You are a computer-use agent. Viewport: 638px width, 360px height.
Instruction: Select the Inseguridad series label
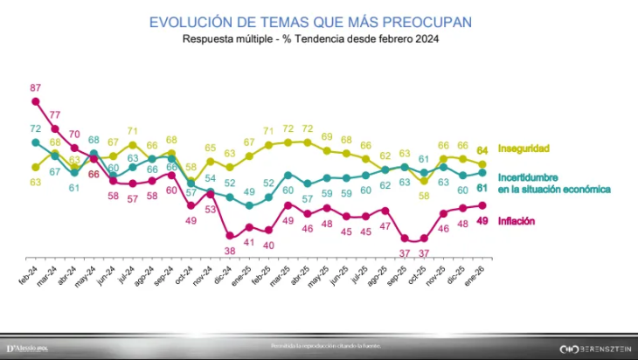(524, 149)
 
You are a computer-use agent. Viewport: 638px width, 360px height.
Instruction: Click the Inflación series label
(517, 221)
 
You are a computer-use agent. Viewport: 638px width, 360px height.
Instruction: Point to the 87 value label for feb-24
(36, 87)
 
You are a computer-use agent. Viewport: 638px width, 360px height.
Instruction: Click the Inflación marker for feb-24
(36, 101)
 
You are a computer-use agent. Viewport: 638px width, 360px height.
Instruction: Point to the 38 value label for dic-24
(230, 250)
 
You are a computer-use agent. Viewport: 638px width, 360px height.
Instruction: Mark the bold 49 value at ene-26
(482, 221)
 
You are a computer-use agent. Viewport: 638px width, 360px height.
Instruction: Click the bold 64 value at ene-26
(482, 149)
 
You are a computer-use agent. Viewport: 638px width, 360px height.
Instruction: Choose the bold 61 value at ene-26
(482, 187)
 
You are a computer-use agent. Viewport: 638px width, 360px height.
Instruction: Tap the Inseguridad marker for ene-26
(482, 163)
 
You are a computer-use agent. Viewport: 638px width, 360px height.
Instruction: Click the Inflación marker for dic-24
(230, 235)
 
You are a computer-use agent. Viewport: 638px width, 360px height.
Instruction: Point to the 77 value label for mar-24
(55, 114)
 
